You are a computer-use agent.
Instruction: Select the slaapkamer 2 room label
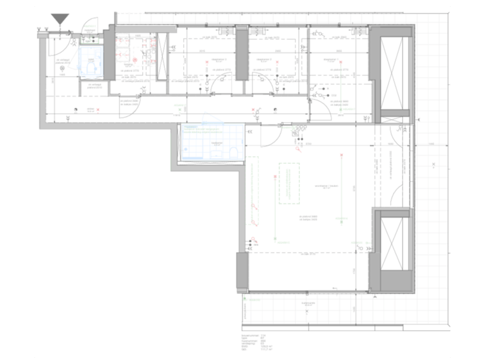pos(276,59)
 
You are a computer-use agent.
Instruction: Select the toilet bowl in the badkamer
pos(231,155)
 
